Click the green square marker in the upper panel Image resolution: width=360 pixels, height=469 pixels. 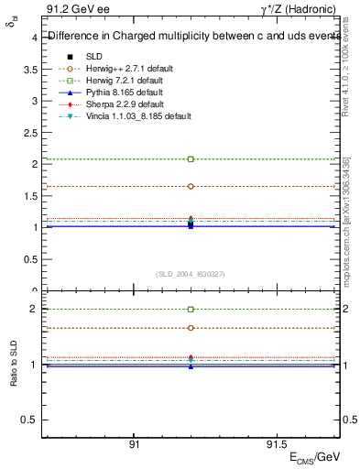191,159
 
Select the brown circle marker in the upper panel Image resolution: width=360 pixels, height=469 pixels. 191,186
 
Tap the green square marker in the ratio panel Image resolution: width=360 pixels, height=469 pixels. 191,310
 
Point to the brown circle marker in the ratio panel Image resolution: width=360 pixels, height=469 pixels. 191,328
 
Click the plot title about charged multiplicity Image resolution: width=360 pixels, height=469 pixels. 192,38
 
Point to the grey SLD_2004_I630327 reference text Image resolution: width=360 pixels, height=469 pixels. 191,274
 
